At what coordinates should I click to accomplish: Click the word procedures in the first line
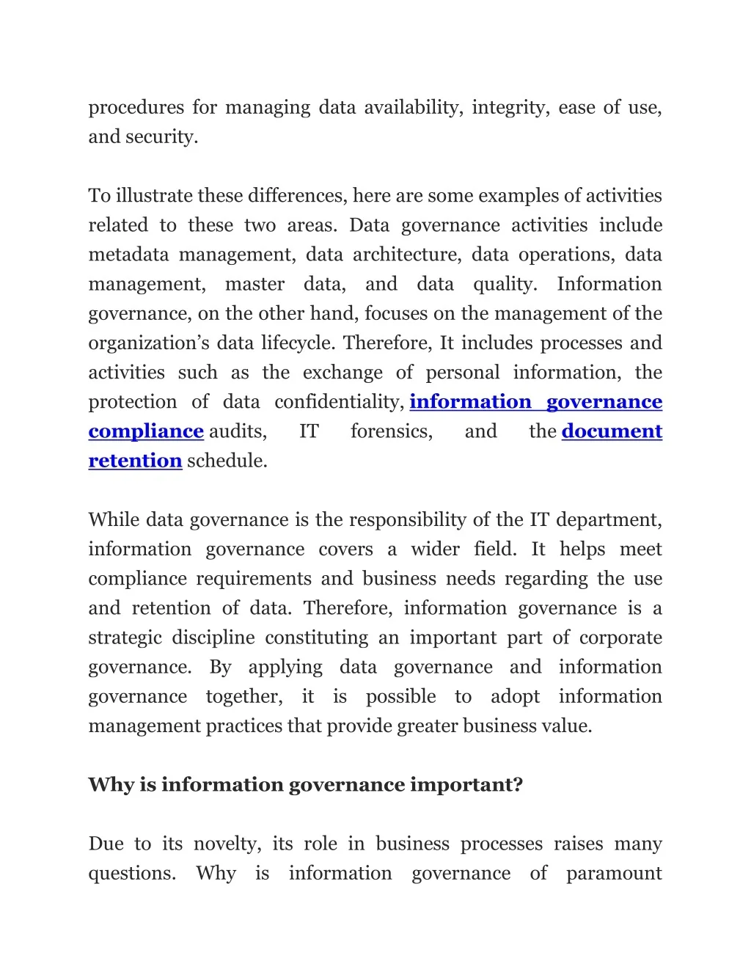136,108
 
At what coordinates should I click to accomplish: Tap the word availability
413,108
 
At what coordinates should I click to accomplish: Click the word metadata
128,255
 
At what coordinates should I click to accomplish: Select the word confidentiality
339,402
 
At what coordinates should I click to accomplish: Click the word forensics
391,431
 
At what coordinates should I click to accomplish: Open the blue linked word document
612,431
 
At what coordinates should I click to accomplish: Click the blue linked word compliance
146,431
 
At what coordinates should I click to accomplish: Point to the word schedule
227,461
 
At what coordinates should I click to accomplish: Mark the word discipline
213,637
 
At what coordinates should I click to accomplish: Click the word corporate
620,637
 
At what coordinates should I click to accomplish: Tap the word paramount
614,874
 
